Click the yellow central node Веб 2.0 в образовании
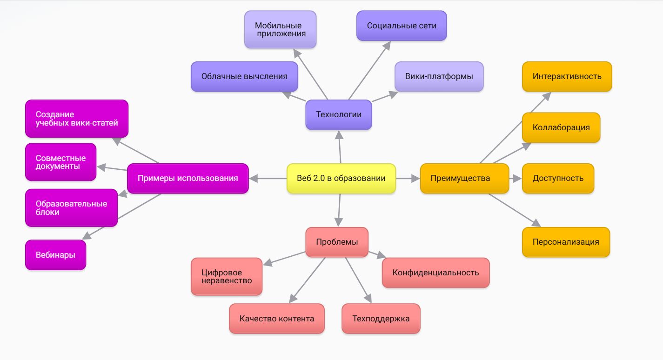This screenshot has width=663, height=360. click(x=341, y=178)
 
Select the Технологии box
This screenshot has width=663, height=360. click(x=339, y=114)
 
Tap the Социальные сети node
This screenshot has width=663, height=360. click(x=402, y=26)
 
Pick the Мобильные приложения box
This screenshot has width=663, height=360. click(x=280, y=29)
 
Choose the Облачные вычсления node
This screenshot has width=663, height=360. click(x=244, y=76)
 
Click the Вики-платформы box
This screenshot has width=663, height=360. click(x=439, y=76)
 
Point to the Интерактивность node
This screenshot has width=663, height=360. click(x=567, y=76)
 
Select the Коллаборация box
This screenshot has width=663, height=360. click(x=561, y=127)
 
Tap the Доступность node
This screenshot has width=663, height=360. click(x=558, y=178)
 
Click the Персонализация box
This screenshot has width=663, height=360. click(x=565, y=242)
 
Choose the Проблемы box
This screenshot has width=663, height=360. click(x=337, y=242)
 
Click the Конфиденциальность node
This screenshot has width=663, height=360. click(x=435, y=273)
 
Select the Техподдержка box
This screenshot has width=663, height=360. click(x=381, y=319)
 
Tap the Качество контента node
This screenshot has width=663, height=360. click(x=276, y=319)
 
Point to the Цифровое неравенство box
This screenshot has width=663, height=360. click(x=227, y=276)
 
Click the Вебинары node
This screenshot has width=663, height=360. click(x=55, y=254)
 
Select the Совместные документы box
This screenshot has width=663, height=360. click(x=60, y=162)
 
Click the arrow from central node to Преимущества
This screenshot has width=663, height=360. click(x=408, y=178)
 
